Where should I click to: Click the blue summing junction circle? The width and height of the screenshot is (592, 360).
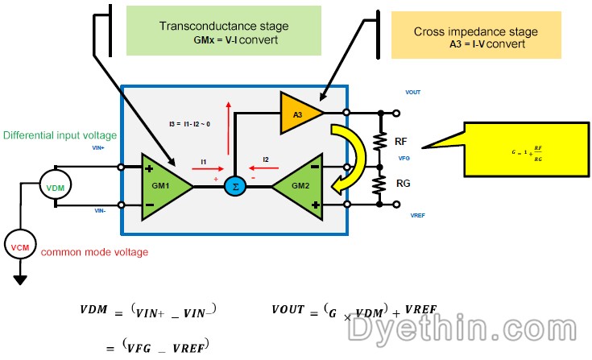(x=233, y=186)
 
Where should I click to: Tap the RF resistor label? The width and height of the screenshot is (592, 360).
(x=401, y=142)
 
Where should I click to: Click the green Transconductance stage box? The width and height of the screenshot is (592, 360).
(x=207, y=31)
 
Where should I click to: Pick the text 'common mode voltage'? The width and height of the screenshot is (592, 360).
(x=94, y=252)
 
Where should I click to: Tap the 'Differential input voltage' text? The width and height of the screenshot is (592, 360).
(x=60, y=134)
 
